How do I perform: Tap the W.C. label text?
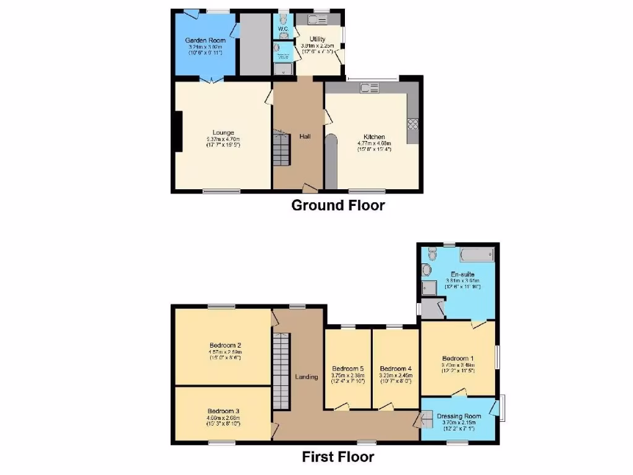(x=283, y=28)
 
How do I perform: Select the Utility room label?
(x=317, y=39)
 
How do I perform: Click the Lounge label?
(x=223, y=132)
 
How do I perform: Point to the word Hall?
(x=305, y=136)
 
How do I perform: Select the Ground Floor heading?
(x=338, y=205)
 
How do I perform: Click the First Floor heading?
(x=338, y=457)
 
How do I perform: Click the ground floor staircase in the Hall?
(x=282, y=148)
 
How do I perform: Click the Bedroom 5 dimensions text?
(x=348, y=378)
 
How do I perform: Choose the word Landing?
(x=307, y=376)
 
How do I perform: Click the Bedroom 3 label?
(x=223, y=411)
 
